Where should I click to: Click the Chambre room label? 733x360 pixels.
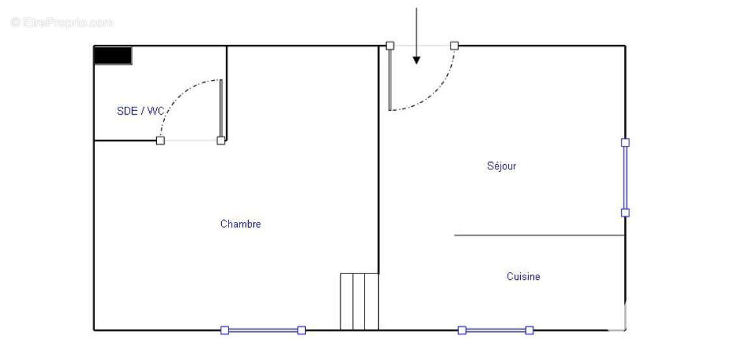[240, 224]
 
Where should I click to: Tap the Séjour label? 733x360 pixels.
[502, 166]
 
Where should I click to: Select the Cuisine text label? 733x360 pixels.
[523, 276]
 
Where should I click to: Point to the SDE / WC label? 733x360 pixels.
[140, 111]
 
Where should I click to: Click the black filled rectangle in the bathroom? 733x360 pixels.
[113, 55]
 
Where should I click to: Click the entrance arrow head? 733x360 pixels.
[417, 60]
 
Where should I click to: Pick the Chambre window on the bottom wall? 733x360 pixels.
[263, 331]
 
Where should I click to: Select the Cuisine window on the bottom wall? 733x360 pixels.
[495, 331]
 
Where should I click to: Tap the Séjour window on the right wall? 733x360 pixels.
[625, 178]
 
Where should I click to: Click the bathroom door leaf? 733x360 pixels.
[221, 110]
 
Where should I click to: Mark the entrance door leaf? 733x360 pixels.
[390, 78]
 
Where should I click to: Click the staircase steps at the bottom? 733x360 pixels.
[359, 301]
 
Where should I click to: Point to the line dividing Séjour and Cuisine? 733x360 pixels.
[540, 235]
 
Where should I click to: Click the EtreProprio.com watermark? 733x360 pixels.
[62, 22]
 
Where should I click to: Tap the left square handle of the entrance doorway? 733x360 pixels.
[390, 46]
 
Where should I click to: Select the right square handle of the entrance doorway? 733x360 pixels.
[454, 46]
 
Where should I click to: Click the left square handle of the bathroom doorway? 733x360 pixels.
[160, 141]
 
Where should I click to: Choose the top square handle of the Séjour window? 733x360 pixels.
[626, 143]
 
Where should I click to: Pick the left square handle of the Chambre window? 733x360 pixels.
[225, 331]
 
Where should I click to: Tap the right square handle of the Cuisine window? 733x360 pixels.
[529, 331]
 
